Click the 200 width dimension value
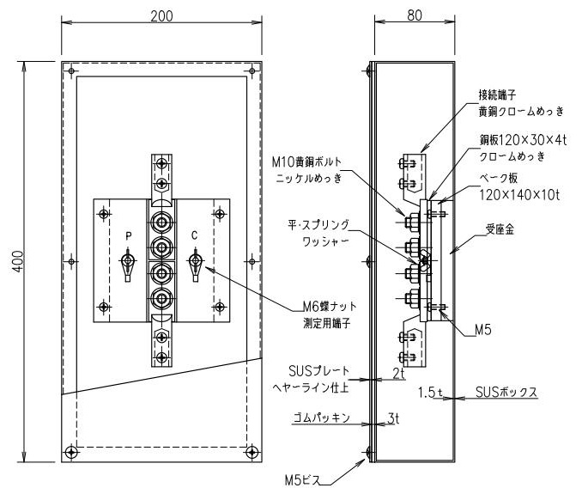pos(161,16)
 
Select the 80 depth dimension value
pos(414,16)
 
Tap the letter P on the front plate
pos(128,235)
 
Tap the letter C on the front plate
pos(194,235)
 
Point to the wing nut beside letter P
pos(128,262)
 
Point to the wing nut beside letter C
pos(194,262)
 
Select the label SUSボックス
pos(506,392)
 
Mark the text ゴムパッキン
pos(321,418)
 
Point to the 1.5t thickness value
pos(430,392)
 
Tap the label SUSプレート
pos(318,371)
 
